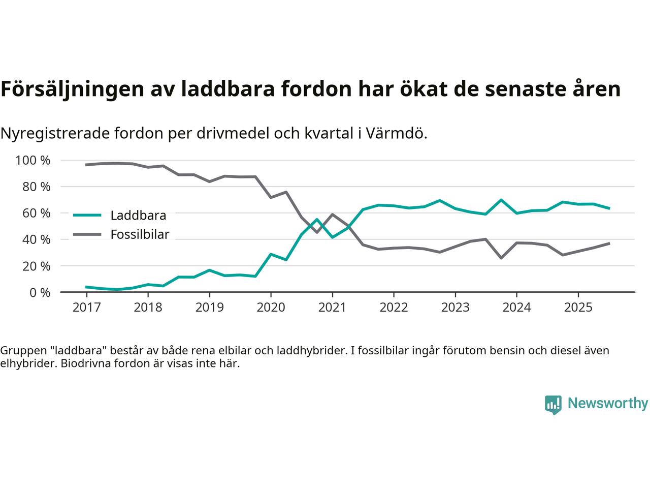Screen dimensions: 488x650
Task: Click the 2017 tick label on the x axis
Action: tap(86, 308)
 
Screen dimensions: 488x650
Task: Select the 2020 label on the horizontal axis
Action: tap(271, 308)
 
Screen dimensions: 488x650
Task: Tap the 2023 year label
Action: tap(455, 308)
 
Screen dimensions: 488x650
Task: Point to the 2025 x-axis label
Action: tap(578, 308)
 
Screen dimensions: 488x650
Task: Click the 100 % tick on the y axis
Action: tap(33, 161)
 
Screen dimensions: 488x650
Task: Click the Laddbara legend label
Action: tap(138, 216)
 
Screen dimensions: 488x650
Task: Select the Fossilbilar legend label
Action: tap(140, 235)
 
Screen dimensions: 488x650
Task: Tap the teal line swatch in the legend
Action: tap(87, 216)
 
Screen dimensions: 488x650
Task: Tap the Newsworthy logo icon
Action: tap(553, 405)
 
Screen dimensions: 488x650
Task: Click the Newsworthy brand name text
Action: tap(607, 404)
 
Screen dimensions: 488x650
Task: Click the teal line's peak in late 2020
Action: tap(317, 220)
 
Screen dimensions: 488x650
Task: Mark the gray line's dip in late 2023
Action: tap(501, 258)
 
